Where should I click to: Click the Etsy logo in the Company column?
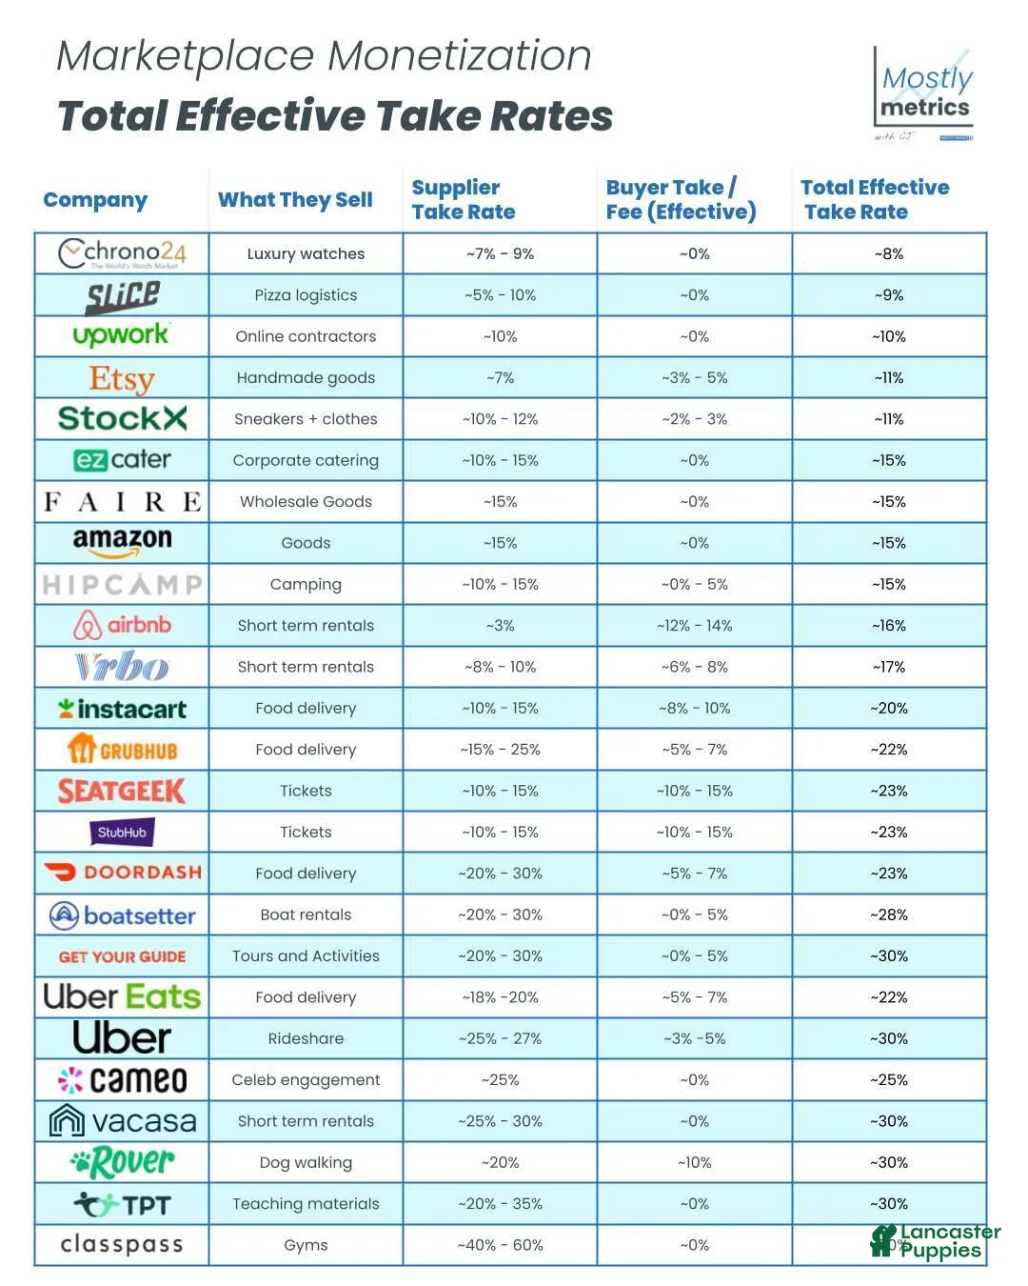coord(122,378)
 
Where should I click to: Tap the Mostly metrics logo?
coord(924,93)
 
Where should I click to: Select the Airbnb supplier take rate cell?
coord(500,626)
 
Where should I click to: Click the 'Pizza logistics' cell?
coord(306,295)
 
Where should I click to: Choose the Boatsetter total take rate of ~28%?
coord(888,914)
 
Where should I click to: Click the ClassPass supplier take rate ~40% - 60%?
coord(500,1245)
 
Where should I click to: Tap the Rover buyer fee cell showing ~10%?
coord(694,1162)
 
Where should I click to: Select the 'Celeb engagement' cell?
coord(306,1080)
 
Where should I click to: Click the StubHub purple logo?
coord(122,833)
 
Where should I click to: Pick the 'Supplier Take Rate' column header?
coord(464,200)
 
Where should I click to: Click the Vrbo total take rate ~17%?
coord(888,667)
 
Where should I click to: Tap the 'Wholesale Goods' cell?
coord(306,502)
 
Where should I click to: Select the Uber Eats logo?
coord(122,997)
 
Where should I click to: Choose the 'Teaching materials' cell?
coord(306,1204)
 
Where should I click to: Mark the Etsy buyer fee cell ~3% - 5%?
coord(694,378)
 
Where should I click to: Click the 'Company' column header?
coord(95,200)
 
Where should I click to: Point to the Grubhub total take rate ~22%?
coord(888,750)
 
